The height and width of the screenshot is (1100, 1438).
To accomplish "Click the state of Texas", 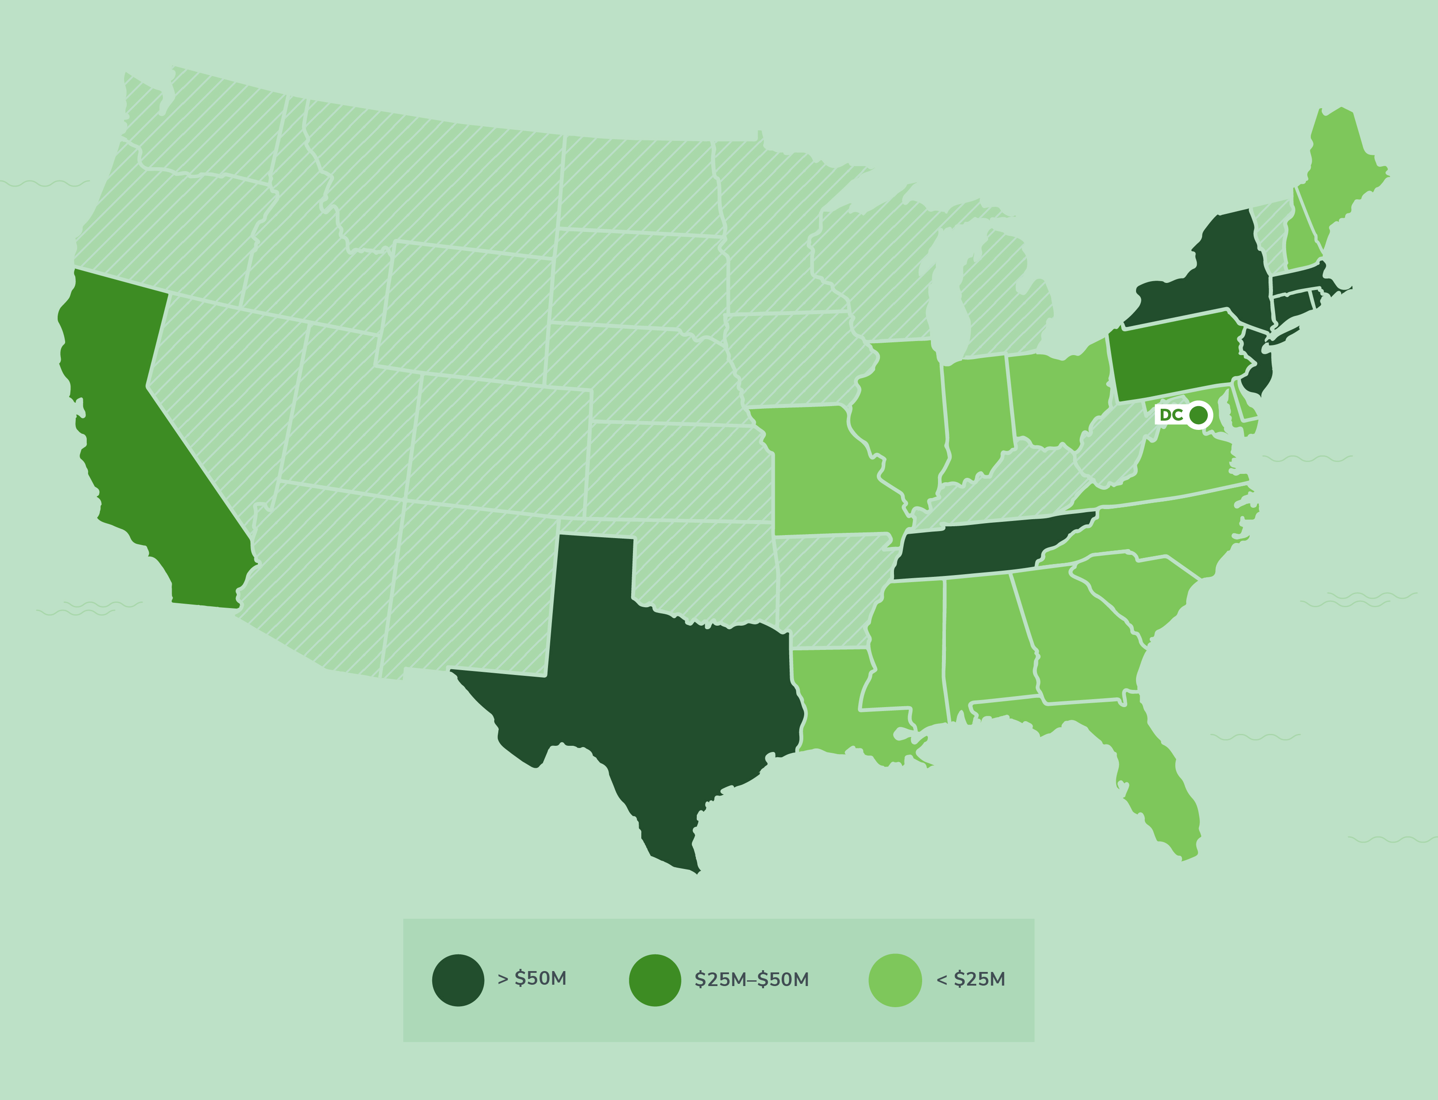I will coord(655,687).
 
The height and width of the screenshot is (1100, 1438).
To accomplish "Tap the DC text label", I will coord(1171,414).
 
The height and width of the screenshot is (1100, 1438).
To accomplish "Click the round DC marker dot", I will coord(1198,414).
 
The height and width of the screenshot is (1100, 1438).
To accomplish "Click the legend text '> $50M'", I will coord(532,978).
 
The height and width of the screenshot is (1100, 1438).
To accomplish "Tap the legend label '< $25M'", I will coord(971,979).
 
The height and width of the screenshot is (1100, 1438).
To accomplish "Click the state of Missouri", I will coord(825,471).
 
